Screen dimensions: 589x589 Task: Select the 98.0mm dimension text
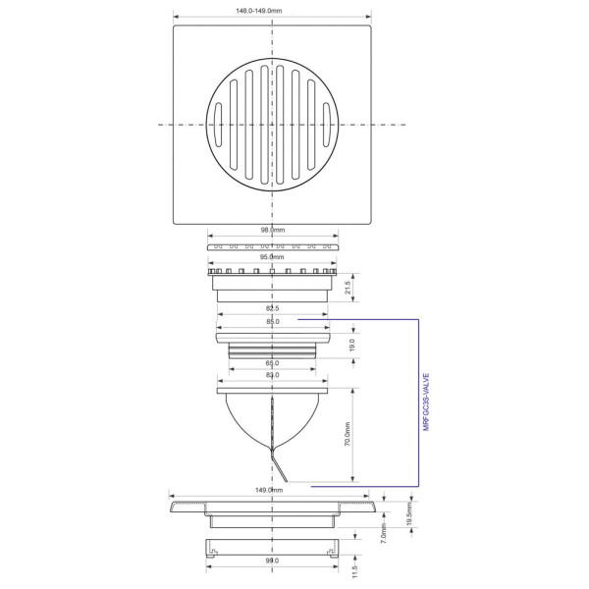click(x=272, y=231)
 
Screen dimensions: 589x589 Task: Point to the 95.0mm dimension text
click(x=272, y=257)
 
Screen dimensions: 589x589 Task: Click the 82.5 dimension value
click(x=272, y=310)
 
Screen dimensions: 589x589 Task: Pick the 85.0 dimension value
click(x=272, y=322)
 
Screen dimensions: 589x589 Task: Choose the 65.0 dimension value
click(x=272, y=364)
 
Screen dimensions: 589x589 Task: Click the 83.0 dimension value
click(x=272, y=376)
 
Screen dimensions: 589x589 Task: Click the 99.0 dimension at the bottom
click(x=272, y=562)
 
